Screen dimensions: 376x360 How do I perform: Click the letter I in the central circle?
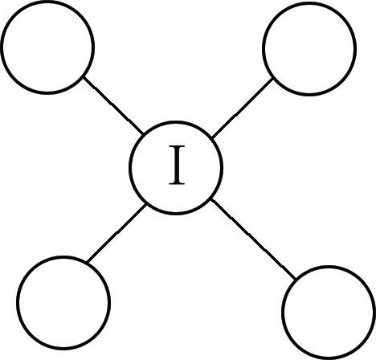177,165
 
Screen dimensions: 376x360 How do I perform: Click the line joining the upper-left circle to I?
113,105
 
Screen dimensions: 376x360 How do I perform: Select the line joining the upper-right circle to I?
243,108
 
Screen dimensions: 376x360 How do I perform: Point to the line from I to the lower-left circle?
116,233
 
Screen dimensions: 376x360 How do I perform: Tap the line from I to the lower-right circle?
253,239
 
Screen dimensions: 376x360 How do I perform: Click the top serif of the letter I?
177,146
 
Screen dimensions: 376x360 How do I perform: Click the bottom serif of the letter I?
177,183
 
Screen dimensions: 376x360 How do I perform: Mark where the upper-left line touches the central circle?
143,133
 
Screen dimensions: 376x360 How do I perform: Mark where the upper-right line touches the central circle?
212,137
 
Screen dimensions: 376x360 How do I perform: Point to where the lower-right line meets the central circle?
211,199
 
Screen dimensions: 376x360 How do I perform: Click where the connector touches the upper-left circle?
83,77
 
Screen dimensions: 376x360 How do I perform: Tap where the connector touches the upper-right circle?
273,79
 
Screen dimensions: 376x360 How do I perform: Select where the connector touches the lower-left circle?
87,262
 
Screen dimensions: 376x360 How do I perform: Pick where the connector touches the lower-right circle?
295,280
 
